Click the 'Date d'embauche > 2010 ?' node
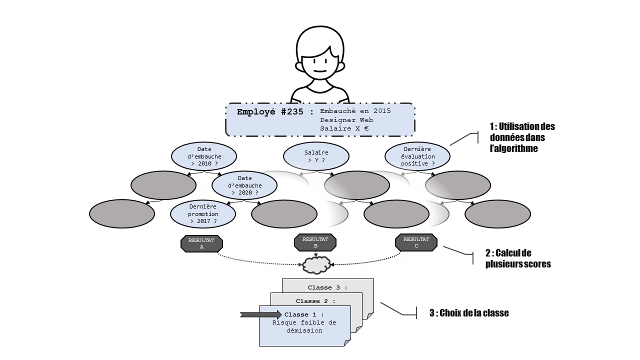pyautogui.click(x=204, y=156)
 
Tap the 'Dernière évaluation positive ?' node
pyautogui.click(x=417, y=156)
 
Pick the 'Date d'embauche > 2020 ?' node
pyautogui.click(x=244, y=185)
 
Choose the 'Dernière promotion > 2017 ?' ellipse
pyautogui.click(x=203, y=214)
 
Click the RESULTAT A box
pyautogui.click(x=201, y=243)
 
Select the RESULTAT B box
pyautogui.click(x=315, y=242)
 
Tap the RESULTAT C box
pyautogui.click(x=416, y=242)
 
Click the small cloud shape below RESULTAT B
pyautogui.click(x=316, y=265)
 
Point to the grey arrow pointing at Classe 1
pyautogui.click(x=261, y=314)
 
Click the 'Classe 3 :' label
pyautogui.click(x=327, y=287)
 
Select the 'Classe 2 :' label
pyautogui.click(x=315, y=301)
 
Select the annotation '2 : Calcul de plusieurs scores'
pyautogui.click(x=517, y=258)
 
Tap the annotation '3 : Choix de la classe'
pyautogui.click(x=469, y=313)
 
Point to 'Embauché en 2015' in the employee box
pyautogui.click(x=355, y=111)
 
